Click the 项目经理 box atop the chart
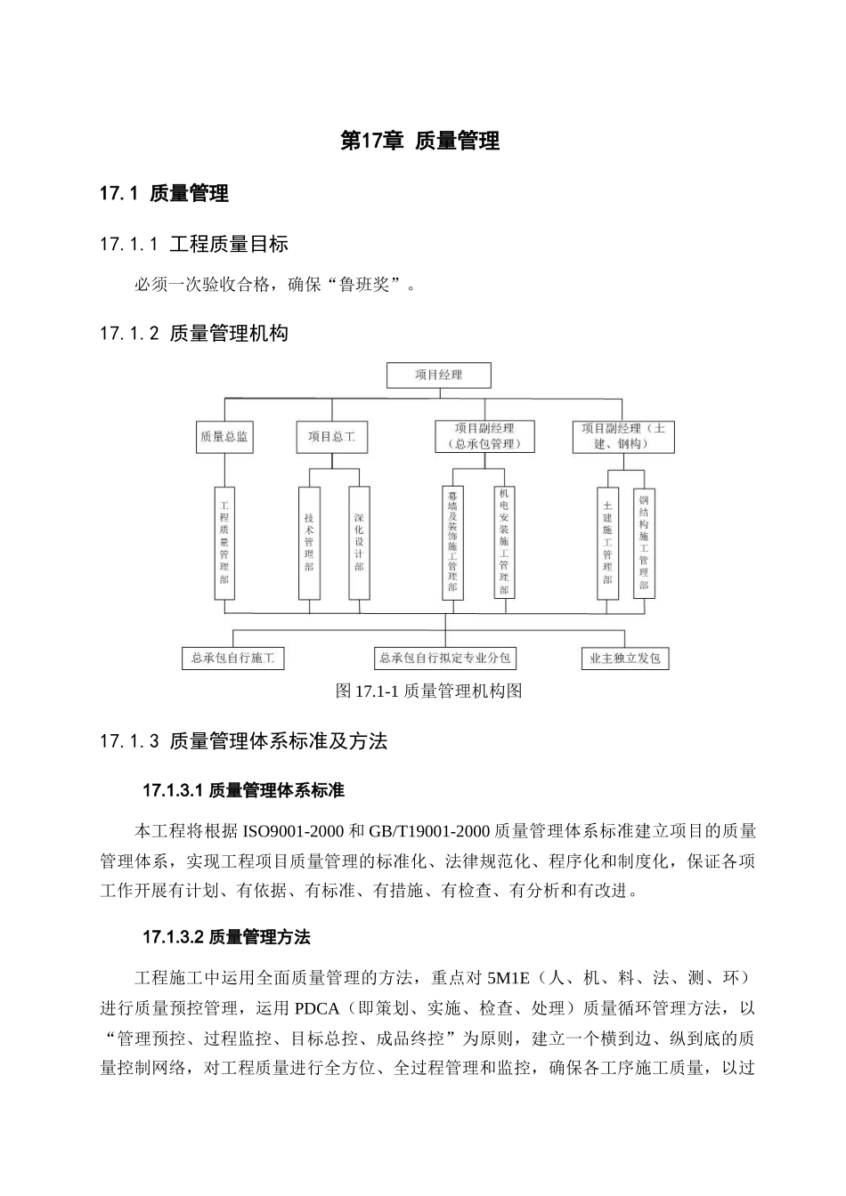point(438,375)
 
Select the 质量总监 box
point(224,437)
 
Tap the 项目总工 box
point(331,437)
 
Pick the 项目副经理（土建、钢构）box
point(622,436)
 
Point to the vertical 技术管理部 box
point(309,542)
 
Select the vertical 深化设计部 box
point(358,542)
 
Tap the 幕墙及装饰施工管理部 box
point(452,542)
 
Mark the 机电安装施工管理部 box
point(504,542)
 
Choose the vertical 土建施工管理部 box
point(607,542)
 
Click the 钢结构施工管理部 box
point(644,542)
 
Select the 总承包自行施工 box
point(232,659)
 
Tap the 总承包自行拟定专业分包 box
point(445,659)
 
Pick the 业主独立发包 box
point(624,659)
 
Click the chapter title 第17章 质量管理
point(420,141)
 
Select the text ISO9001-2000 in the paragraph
point(293,832)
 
